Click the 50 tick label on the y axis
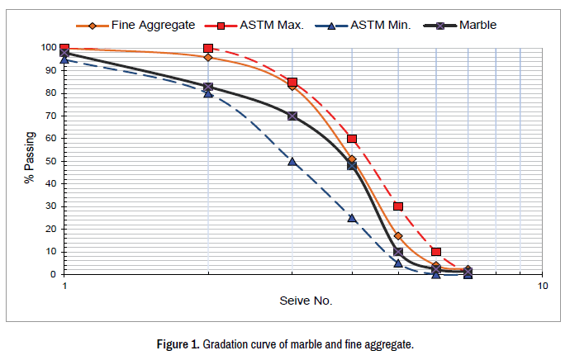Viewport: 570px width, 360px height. [50, 160]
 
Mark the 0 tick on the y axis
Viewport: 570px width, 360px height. [54, 274]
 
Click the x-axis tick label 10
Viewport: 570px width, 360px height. [543, 287]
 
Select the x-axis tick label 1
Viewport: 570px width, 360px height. [64, 287]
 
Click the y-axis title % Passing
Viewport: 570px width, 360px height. [30, 160]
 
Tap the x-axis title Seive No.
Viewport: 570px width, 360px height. [305, 301]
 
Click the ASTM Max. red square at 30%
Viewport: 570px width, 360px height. [398, 206]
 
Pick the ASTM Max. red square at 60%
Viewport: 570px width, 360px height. [352, 139]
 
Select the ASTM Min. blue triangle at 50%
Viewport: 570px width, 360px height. [292, 162]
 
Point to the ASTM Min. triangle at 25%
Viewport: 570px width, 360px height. [352, 218]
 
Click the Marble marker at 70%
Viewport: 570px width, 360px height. [292, 116]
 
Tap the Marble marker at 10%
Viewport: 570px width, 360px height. [398, 252]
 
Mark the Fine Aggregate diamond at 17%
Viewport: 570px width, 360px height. [398, 236]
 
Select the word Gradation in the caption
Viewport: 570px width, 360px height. [227, 344]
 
